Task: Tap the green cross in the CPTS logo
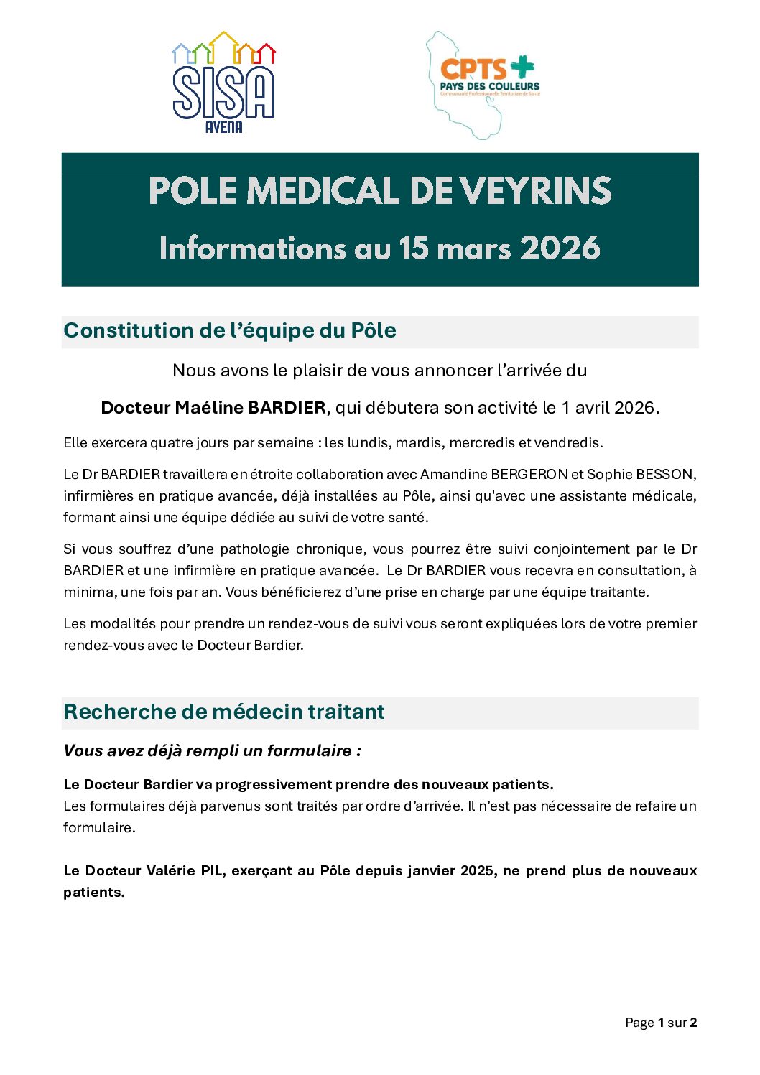[x=522, y=67]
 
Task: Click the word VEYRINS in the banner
[x=535, y=192]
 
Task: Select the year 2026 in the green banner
[x=560, y=248]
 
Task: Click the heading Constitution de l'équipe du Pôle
[x=230, y=330]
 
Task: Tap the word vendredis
[x=567, y=442]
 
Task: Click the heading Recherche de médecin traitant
[x=224, y=712]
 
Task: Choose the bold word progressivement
[x=273, y=784]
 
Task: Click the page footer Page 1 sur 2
[x=661, y=1023]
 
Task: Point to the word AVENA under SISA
[x=223, y=127]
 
